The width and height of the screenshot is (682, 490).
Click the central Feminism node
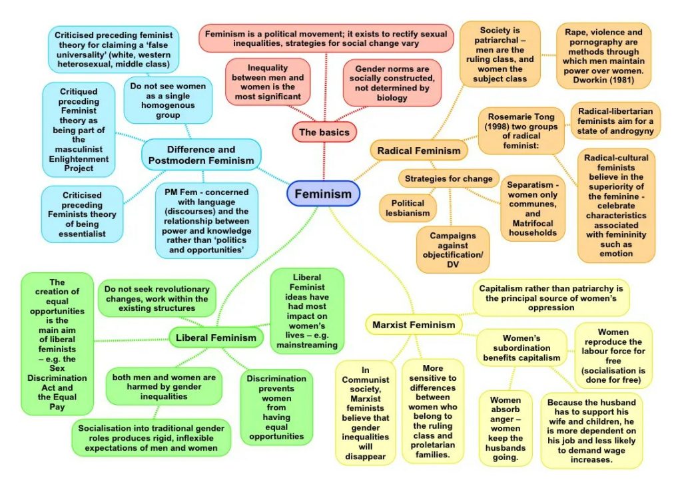323,194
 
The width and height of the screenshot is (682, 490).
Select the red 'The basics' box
324,132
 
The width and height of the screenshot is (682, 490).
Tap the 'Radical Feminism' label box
418,150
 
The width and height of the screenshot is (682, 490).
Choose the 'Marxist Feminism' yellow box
414,325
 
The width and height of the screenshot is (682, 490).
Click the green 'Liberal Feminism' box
216,338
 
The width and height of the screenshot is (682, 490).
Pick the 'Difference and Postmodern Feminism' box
201,154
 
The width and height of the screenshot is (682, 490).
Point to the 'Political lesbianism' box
408,208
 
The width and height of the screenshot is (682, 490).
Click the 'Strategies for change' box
449,178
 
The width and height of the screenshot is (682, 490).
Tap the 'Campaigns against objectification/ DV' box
452,250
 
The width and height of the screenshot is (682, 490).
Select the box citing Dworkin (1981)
603,57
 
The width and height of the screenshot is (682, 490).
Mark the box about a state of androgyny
615,121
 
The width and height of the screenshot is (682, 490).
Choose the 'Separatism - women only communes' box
532,208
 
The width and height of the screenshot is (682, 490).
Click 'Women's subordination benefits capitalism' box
517,348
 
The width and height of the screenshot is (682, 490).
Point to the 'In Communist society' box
365,412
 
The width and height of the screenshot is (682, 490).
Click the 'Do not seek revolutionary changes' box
157,298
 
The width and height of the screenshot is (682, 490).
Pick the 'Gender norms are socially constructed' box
392,83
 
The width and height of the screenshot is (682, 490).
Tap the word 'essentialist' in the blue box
81,234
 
